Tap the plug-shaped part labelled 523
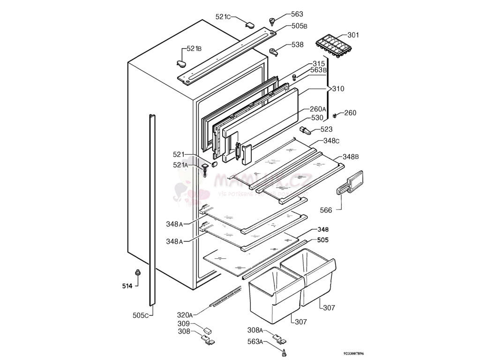pyautogui.click(x=305, y=130)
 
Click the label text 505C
pyautogui.click(x=141, y=315)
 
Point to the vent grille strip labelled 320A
pyautogui.click(x=227, y=299)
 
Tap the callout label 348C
pyautogui.click(x=331, y=141)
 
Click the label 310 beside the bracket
pyautogui.click(x=338, y=89)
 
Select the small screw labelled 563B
pyautogui.click(x=294, y=77)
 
